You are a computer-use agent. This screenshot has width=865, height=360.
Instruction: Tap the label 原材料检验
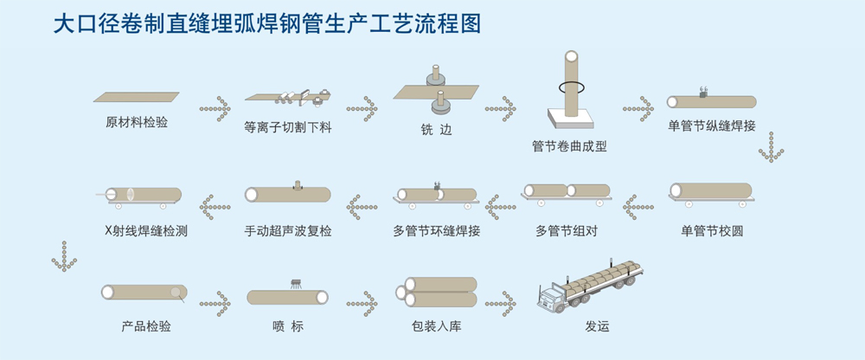(x=136, y=122)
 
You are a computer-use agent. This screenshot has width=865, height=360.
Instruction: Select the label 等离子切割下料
(x=288, y=127)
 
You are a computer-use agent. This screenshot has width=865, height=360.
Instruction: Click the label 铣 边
(x=431, y=130)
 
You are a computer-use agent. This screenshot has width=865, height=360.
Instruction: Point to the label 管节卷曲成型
(x=569, y=146)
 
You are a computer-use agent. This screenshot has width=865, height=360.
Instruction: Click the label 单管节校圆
(x=713, y=230)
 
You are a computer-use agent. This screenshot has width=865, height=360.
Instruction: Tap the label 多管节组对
(x=567, y=231)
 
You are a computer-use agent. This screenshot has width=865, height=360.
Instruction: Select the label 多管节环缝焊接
(x=436, y=231)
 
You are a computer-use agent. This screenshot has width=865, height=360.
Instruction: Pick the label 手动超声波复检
(x=288, y=231)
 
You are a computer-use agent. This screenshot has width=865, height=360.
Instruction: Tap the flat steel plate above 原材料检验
(x=137, y=97)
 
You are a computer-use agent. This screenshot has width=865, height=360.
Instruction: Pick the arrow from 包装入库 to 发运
(x=502, y=303)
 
